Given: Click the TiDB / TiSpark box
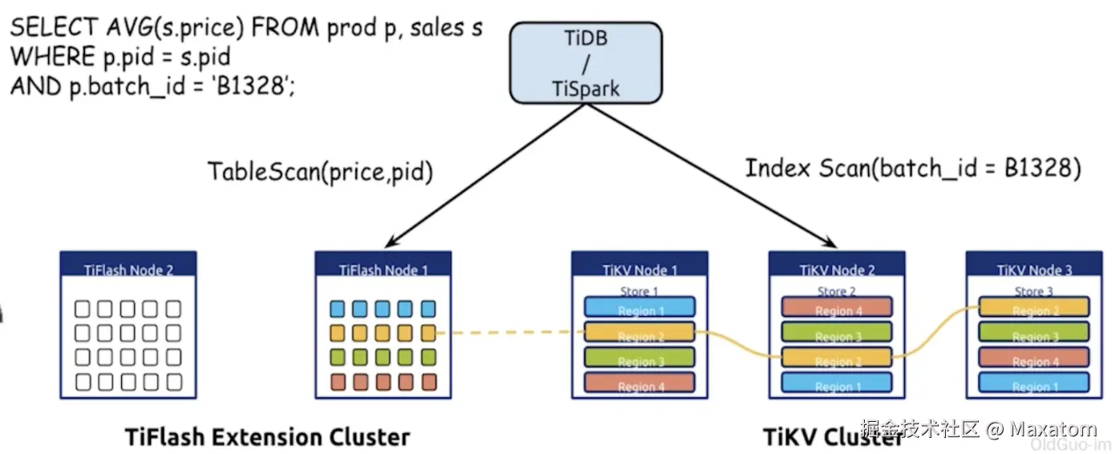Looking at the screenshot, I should pyautogui.click(x=585, y=62).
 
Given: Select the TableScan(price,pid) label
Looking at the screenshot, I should pyautogui.click(x=320, y=172).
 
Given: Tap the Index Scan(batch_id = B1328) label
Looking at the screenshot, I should pyautogui.click(x=913, y=168).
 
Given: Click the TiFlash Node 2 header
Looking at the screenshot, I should pyautogui.click(x=128, y=270).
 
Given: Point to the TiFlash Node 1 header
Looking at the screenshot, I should pyautogui.click(x=383, y=270).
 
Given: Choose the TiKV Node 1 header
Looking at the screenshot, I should pyautogui.click(x=639, y=270).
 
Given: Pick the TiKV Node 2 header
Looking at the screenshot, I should pyautogui.click(x=837, y=270).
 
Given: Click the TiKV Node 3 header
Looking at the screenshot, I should pyautogui.click(x=1033, y=270).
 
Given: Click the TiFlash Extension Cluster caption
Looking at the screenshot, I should pyautogui.click(x=267, y=437).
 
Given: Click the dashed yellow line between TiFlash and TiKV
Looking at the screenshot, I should pyautogui.click(x=505, y=332).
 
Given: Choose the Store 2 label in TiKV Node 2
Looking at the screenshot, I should pyautogui.click(x=837, y=291).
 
